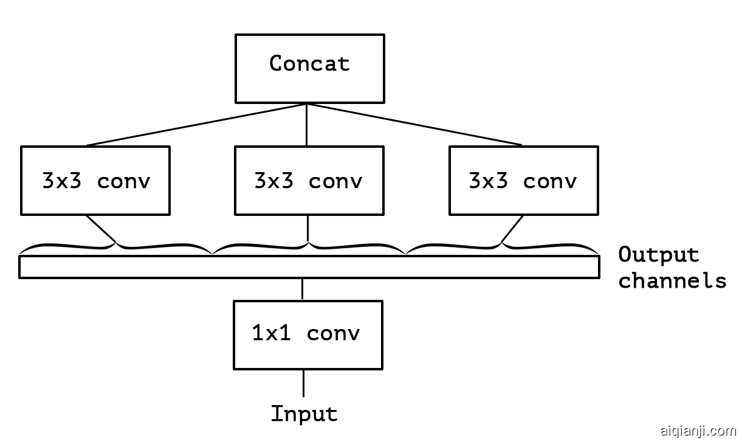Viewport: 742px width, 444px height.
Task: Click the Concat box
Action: coord(309,68)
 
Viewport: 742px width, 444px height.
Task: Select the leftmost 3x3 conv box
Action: coord(95,180)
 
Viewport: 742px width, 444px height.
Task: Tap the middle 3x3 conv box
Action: coord(309,180)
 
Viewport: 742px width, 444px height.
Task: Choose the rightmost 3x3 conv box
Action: coord(523,180)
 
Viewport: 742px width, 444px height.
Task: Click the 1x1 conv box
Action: coord(307,334)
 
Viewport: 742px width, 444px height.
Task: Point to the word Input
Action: coord(304,414)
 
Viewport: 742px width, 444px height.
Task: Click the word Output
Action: coord(658,255)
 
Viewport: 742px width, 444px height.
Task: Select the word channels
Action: coord(672,280)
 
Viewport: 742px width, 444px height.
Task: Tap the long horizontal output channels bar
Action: coord(309,267)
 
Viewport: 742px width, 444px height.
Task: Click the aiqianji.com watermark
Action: coord(698,431)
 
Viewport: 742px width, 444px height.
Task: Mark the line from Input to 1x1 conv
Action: coord(303,383)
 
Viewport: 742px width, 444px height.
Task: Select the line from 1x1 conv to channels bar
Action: coord(302,290)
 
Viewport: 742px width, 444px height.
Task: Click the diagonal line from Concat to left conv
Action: coord(196,125)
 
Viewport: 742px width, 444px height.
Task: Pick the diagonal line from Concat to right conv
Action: coord(414,125)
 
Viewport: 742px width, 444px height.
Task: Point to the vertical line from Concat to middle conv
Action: coord(306,125)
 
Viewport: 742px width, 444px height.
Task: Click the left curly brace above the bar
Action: coord(115,247)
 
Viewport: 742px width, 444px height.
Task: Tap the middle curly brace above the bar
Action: coord(309,247)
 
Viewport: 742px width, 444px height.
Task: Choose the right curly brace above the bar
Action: coord(502,247)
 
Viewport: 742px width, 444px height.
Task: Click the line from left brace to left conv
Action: coord(101,228)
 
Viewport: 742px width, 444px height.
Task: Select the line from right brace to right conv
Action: coord(512,228)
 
